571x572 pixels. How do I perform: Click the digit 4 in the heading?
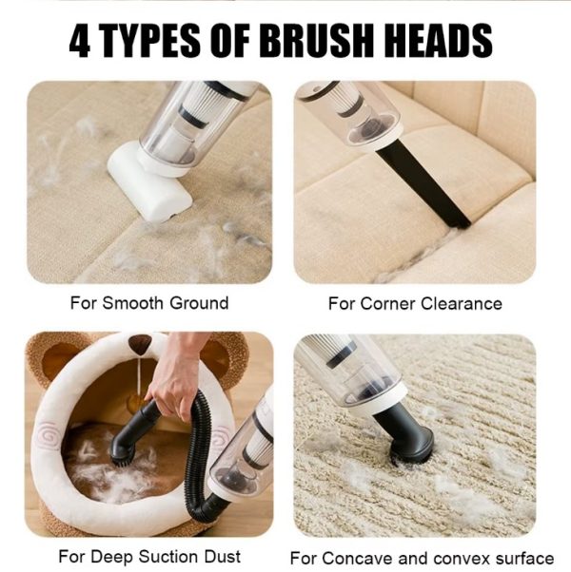pyautogui.click(x=80, y=41)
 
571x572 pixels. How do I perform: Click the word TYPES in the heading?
pyautogui.click(x=149, y=41)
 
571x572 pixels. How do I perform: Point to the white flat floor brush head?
pyautogui.click(x=149, y=182)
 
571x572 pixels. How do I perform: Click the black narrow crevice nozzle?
pyautogui.click(x=423, y=182)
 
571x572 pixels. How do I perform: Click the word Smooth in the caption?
pyautogui.click(x=132, y=303)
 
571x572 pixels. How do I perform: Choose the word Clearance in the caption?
pyautogui.click(x=462, y=304)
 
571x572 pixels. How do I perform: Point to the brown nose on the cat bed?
pyautogui.click(x=140, y=344)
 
